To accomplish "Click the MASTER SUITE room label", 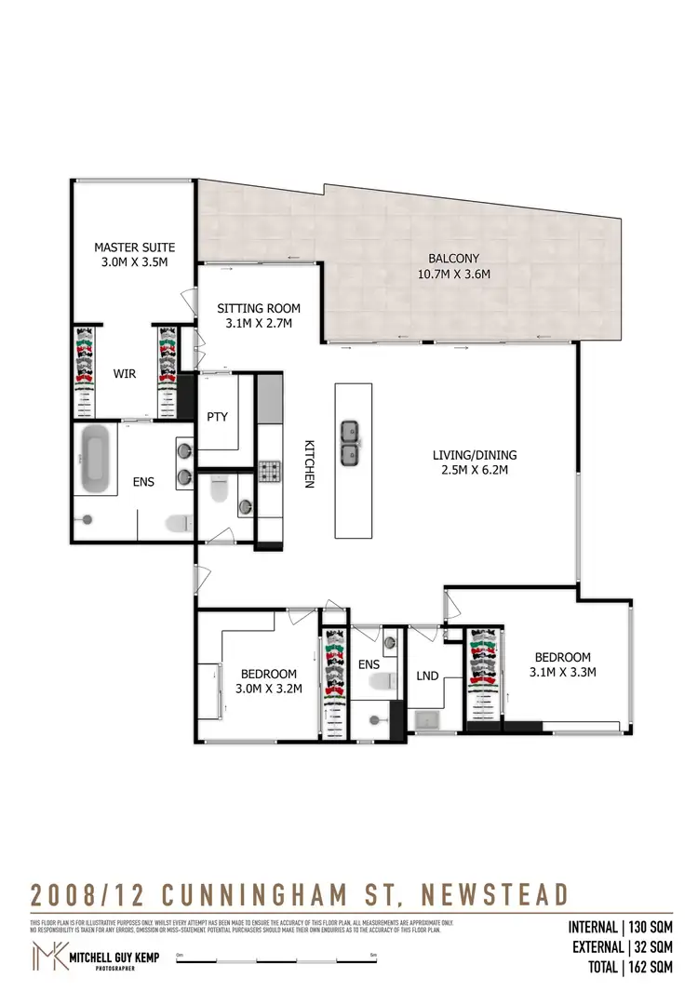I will pyautogui.click(x=134, y=255).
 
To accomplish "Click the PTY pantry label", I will pyautogui.click(x=218, y=416).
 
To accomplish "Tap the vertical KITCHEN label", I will pyautogui.click(x=310, y=463).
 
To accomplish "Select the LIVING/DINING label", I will pyautogui.click(x=474, y=462).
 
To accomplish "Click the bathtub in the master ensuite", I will pyautogui.click(x=96, y=461).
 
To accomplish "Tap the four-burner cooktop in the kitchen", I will pyautogui.click(x=269, y=473).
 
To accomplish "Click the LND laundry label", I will pyautogui.click(x=427, y=676).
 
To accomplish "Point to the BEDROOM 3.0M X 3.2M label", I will pyautogui.click(x=268, y=682).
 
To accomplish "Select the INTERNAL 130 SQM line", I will pyautogui.click(x=620, y=927).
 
